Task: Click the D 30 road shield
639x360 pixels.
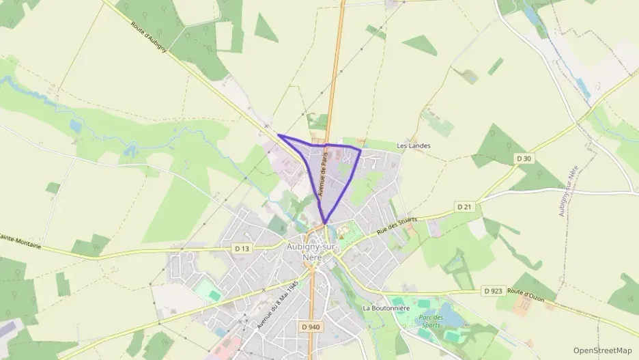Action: tap(524, 158)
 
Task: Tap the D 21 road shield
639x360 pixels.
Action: tap(464, 206)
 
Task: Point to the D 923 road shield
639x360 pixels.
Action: tap(493, 290)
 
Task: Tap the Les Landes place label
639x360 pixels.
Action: tap(414, 146)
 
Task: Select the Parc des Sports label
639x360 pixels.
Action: tap(431, 322)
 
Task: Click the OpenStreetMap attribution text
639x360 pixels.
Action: tap(603, 350)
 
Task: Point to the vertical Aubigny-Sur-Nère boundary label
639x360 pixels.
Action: tap(568, 191)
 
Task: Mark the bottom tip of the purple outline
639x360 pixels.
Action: tap(326, 223)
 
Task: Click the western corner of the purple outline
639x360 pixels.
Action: tap(279, 135)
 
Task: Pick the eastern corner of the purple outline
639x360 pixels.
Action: tap(360, 149)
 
